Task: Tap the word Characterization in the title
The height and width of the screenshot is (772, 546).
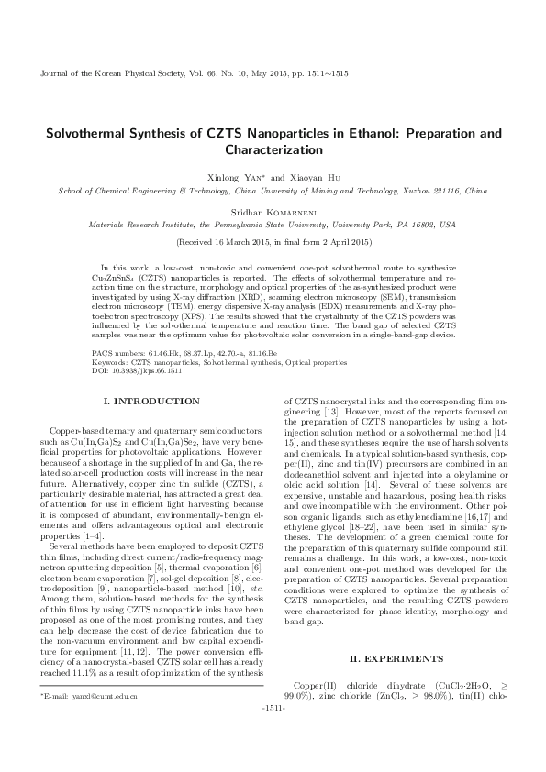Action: [x=273, y=149]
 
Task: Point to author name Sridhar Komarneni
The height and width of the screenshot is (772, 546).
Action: [x=273, y=210]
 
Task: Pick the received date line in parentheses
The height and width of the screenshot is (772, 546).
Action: [x=273, y=242]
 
